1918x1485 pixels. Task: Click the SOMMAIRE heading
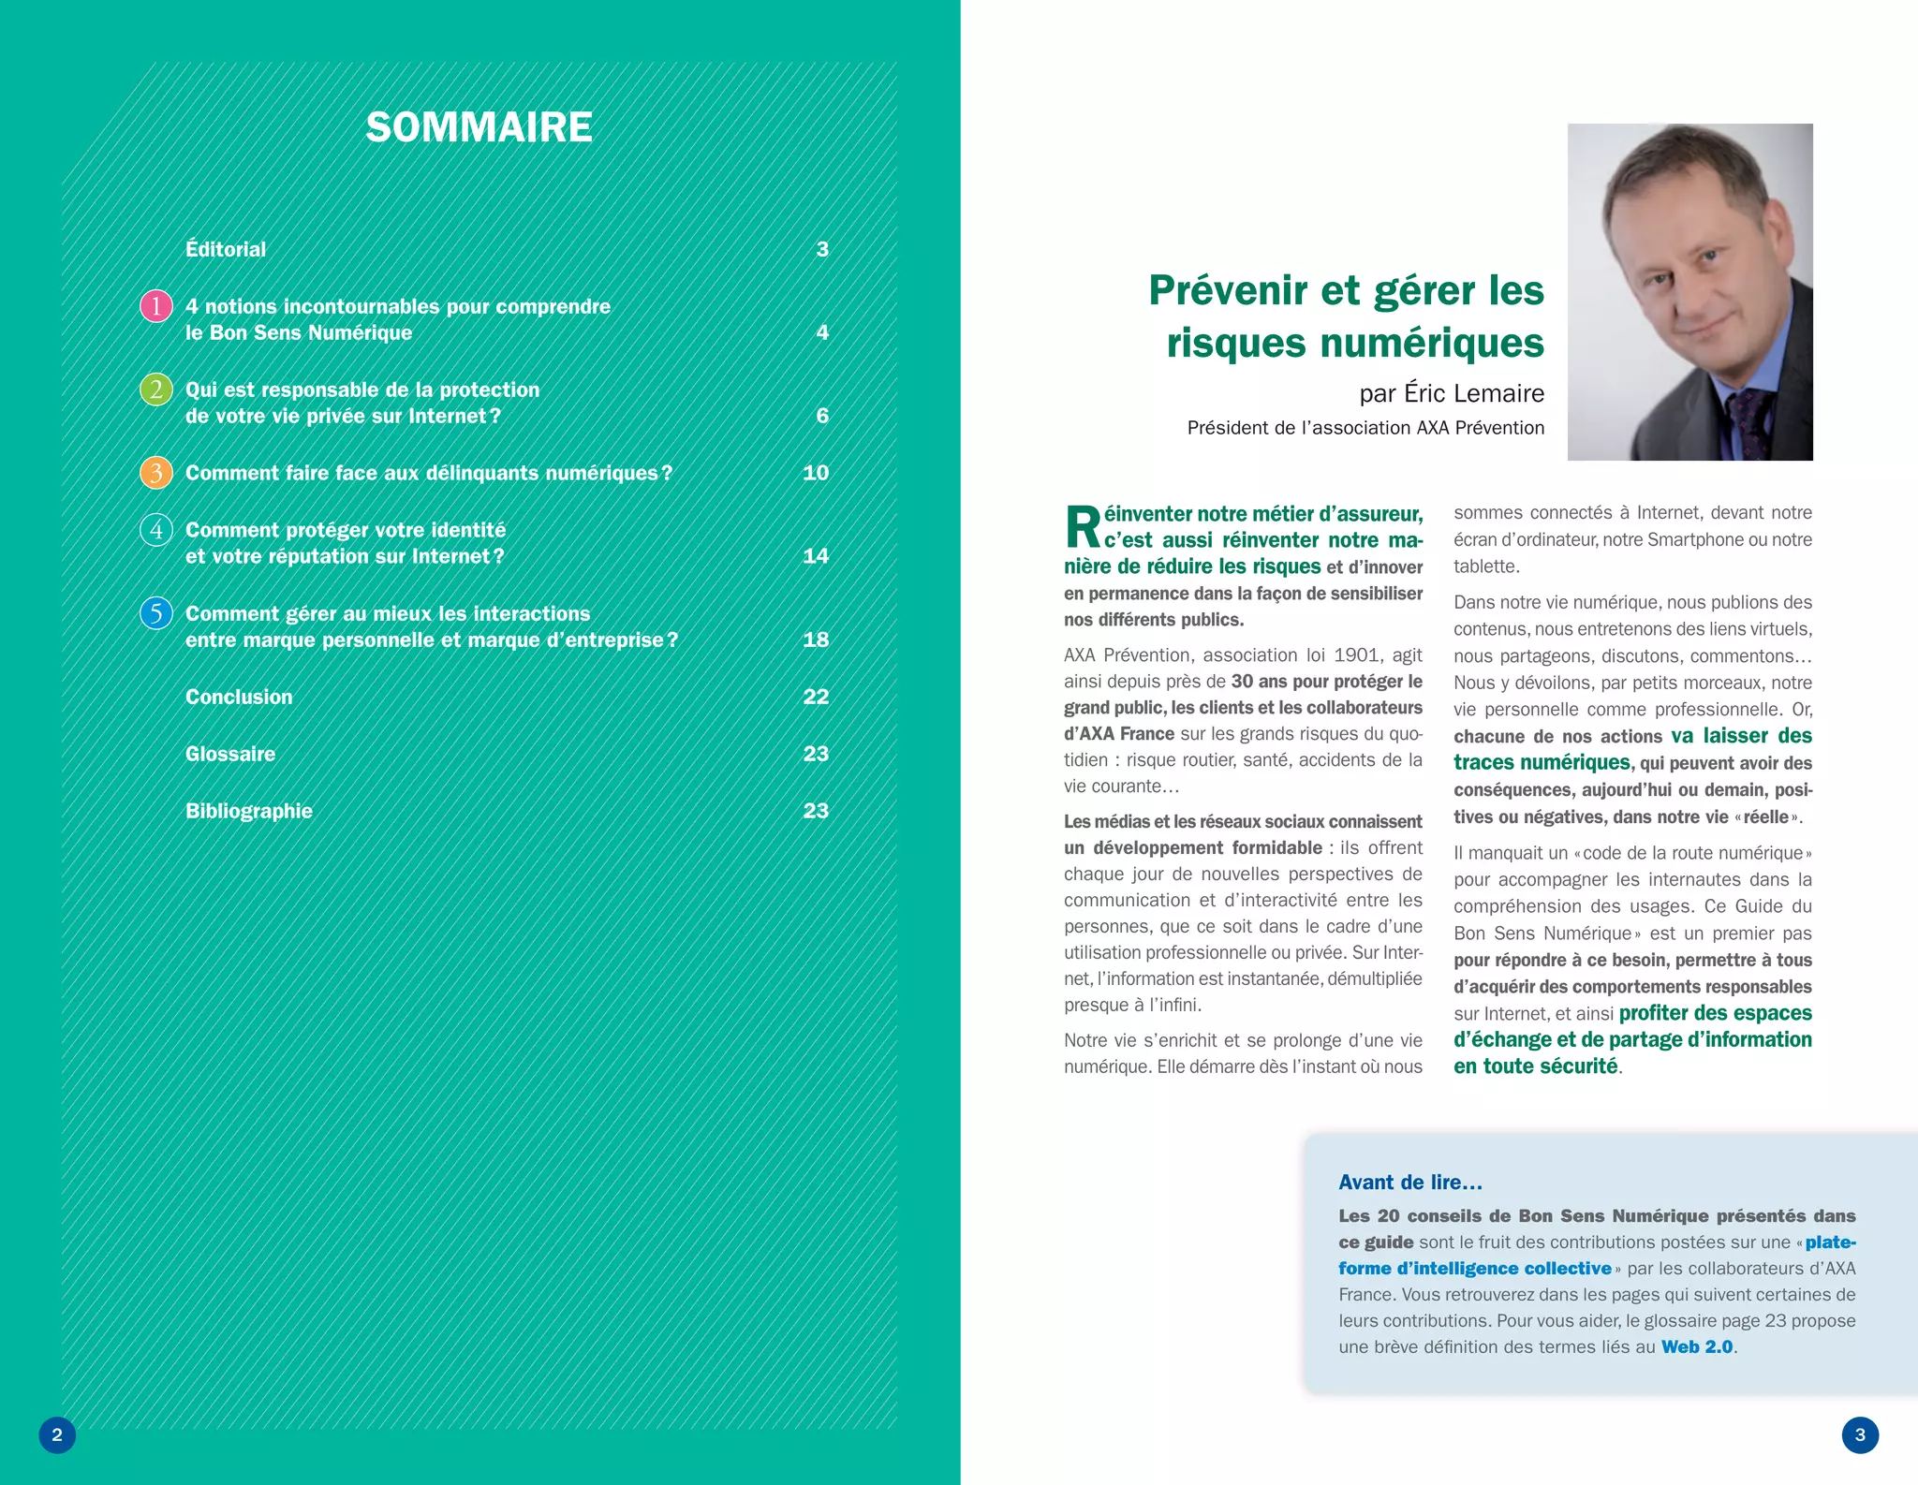[479, 127]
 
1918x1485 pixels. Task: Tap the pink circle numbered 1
[156, 306]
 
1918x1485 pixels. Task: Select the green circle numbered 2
[156, 390]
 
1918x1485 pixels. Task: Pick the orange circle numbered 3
[156, 473]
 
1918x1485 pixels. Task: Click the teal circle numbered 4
[156, 530]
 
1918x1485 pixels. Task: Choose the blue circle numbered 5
[156, 613]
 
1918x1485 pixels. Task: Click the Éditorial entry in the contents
[226, 249]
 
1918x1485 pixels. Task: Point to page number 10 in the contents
[816, 473]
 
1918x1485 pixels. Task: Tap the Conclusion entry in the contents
[239, 697]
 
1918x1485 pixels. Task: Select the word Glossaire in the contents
[230, 754]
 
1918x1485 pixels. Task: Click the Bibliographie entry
[249, 811]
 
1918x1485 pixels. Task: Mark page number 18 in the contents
[816, 640]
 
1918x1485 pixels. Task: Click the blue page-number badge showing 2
[57, 1434]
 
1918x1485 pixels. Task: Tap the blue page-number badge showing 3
[1860, 1434]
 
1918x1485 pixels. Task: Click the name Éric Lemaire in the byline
[1474, 393]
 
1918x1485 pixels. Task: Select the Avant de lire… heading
[1410, 1183]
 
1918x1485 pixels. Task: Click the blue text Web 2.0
[1697, 1346]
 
